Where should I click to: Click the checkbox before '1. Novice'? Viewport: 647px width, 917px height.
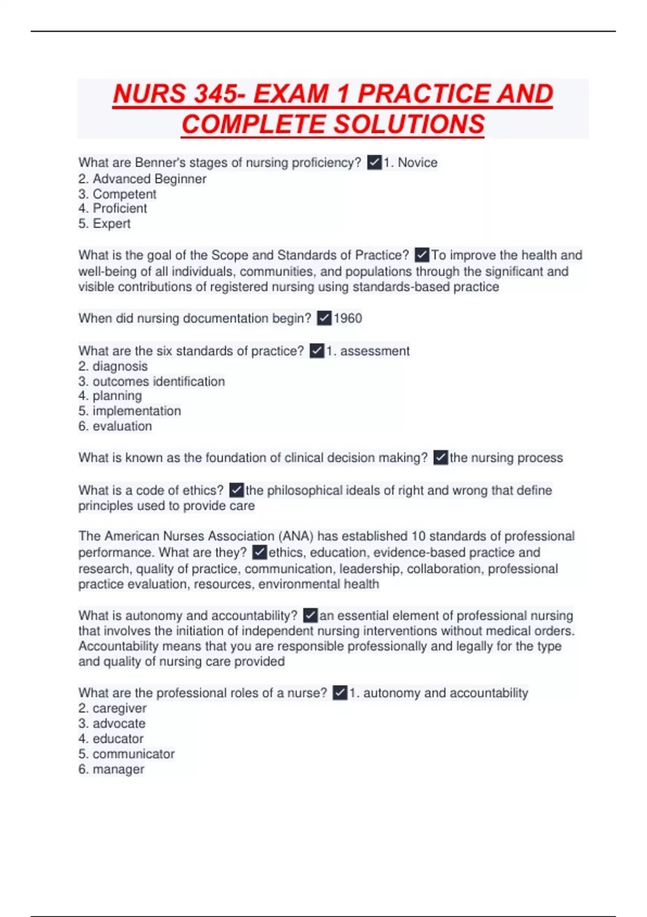(x=374, y=162)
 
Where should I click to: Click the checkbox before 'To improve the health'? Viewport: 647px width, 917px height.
(x=422, y=255)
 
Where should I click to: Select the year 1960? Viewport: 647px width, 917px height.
(x=348, y=319)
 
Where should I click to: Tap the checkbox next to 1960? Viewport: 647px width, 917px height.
(x=324, y=319)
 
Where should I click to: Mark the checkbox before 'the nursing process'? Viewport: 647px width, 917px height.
(x=440, y=458)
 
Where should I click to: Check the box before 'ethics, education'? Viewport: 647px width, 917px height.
(x=259, y=552)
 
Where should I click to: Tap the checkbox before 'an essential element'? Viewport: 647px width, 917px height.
(x=311, y=615)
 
